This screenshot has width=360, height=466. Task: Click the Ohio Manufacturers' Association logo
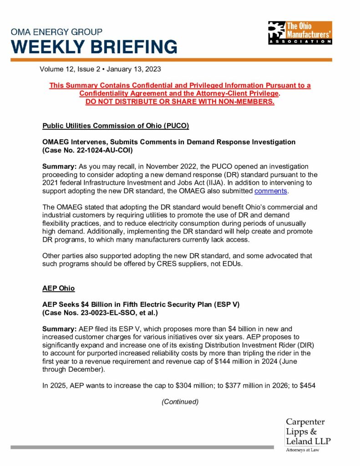point(300,32)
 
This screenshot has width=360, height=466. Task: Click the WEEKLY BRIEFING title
point(94,46)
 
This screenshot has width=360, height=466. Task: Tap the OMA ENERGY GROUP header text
point(57,32)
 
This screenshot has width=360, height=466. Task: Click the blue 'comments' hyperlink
point(270,191)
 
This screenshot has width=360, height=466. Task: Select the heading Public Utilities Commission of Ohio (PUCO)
point(116,125)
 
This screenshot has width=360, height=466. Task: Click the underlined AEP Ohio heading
point(58,289)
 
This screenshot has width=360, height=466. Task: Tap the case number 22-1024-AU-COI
point(104,149)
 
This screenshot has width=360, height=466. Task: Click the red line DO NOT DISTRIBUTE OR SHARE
point(180,101)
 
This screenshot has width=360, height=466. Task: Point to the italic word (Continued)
point(180,402)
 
